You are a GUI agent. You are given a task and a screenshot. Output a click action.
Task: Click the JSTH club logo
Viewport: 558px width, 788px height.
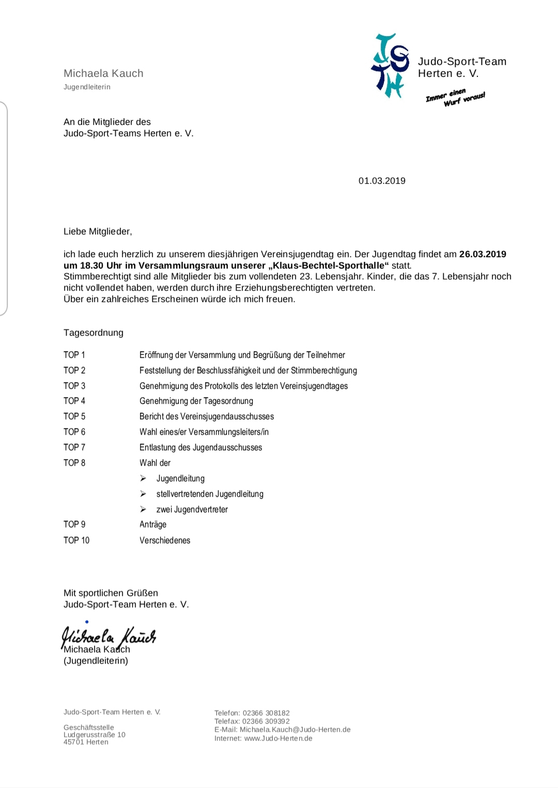[x=390, y=66]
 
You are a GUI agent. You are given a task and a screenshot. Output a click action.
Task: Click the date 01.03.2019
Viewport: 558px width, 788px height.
[x=382, y=181]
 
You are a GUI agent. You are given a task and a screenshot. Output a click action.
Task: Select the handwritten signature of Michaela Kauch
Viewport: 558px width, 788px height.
[x=109, y=636]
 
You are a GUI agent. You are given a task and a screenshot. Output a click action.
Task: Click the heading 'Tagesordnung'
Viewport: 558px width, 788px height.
[x=94, y=333]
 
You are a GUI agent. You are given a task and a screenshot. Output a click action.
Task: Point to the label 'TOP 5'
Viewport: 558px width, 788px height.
[x=74, y=416]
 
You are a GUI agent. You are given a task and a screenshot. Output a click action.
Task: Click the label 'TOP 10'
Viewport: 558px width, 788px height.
[x=76, y=540]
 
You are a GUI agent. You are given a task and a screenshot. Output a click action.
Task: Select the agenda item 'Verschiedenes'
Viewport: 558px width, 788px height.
[x=165, y=540]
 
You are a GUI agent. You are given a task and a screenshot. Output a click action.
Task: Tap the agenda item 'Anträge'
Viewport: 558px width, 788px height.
[x=153, y=524]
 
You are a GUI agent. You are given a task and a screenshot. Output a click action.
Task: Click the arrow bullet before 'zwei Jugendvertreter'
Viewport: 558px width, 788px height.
[x=143, y=509]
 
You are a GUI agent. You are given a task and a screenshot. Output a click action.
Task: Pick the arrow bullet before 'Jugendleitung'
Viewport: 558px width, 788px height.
[x=143, y=478]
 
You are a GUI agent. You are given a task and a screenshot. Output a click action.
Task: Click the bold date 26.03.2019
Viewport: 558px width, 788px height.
[x=483, y=254]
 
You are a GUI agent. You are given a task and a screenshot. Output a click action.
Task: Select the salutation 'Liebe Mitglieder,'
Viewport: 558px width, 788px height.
[x=98, y=231]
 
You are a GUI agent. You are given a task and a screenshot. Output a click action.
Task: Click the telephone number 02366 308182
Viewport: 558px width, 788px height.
[x=266, y=713]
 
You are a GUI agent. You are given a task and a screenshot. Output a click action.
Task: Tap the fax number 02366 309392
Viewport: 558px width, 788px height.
[x=266, y=721]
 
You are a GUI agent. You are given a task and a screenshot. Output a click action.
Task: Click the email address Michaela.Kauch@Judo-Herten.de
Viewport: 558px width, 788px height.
[x=295, y=730]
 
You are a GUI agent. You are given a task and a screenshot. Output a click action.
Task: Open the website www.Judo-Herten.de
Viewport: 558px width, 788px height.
[x=278, y=738]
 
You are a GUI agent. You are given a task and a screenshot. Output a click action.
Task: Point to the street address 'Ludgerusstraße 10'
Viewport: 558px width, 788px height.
[x=95, y=735]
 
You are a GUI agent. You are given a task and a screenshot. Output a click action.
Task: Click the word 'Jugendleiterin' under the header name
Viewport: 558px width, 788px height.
[x=87, y=87]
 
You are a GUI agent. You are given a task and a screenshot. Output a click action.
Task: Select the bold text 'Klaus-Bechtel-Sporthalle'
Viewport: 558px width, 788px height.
[x=329, y=266]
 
